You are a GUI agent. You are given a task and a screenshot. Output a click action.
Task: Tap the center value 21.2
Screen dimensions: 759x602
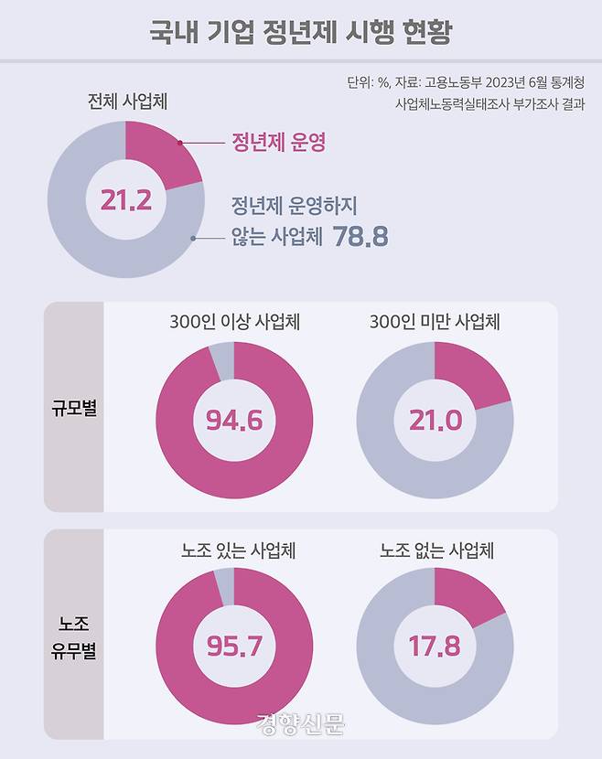tap(125, 201)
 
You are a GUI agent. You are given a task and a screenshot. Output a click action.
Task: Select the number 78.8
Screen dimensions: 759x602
tap(360, 237)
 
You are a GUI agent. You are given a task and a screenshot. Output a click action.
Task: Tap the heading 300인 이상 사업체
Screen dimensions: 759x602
tap(235, 322)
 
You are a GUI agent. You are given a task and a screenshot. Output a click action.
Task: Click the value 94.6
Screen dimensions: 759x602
tap(233, 421)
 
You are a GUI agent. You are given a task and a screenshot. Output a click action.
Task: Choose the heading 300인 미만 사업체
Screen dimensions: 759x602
tap(435, 322)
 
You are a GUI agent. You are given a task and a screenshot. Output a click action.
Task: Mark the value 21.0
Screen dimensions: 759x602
tap(434, 421)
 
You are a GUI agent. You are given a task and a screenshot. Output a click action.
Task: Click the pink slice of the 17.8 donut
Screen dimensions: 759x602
tap(467, 599)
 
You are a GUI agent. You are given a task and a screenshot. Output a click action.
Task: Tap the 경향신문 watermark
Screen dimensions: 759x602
tap(301, 725)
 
